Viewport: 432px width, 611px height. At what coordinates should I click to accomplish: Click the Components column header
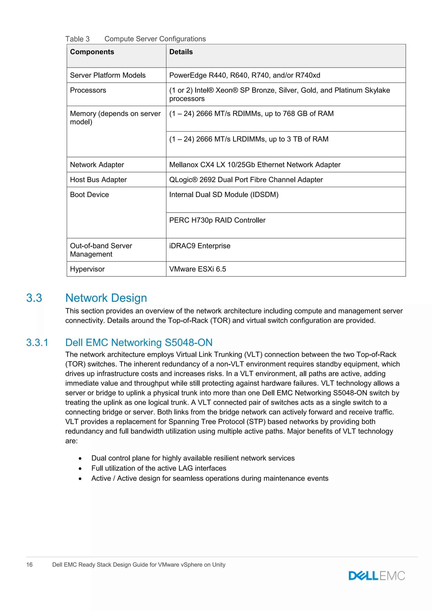point(92,52)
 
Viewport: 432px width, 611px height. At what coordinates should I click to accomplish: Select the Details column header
point(181,52)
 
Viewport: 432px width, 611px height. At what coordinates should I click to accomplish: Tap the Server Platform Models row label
point(108,75)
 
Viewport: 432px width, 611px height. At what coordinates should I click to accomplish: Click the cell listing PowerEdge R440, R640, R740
point(244,75)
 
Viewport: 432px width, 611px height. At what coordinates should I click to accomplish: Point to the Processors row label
point(88,91)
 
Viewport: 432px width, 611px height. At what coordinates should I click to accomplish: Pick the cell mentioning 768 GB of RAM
point(251,114)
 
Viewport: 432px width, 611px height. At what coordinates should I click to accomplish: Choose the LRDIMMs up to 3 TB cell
point(249,139)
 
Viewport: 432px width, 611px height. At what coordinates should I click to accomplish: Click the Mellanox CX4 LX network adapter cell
point(255,165)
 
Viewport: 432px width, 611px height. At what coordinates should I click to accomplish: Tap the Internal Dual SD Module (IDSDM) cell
point(224,195)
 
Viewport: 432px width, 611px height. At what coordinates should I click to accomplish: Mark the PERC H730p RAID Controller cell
point(217,220)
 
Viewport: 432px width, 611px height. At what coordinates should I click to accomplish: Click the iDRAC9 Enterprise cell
point(200,246)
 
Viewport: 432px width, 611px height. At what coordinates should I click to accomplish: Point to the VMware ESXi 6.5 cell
point(197,269)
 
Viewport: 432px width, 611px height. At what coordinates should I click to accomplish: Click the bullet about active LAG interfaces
point(159,468)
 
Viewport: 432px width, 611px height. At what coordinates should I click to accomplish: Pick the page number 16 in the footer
point(29,565)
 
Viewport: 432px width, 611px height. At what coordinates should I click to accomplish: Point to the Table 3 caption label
point(77,39)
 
